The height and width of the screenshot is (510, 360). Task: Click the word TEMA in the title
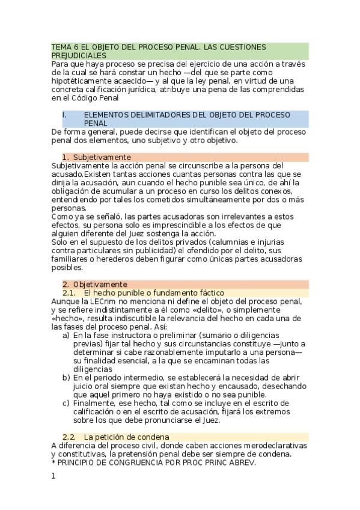(x=61, y=47)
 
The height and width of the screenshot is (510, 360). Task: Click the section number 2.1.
(x=71, y=293)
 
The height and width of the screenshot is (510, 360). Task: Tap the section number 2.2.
(x=71, y=437)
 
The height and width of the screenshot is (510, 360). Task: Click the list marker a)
(x=66, y=335)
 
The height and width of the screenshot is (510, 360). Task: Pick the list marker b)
(x=66, y=377)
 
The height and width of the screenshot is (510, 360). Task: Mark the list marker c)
(x=66, y=403)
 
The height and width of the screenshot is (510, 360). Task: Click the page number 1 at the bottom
(x=53, y=476)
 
